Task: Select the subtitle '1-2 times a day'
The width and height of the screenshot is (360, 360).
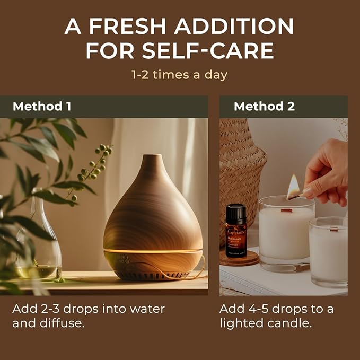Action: click(180, 75)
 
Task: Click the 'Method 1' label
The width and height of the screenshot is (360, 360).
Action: click(42, 106)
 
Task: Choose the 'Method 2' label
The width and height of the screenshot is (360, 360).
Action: click(264, 106)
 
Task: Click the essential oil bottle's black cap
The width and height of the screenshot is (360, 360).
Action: click(236, 212)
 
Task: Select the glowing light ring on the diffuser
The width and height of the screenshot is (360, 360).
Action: click(153, 250)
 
